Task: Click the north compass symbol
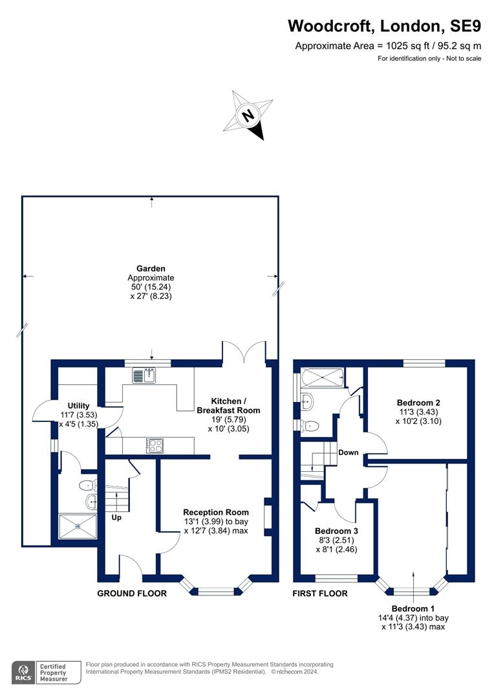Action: point(248,115)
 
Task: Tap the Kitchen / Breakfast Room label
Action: point(228,406)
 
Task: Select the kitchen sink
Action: point(144,375)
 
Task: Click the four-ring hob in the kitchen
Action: point(155,446)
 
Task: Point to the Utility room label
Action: point(78,406)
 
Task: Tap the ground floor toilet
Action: point(88,485)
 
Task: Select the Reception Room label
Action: point(215,512)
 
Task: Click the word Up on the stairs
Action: point(116,518)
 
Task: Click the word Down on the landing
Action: point(349,452)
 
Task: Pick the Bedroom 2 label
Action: point(418,403)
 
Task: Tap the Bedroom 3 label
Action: point(336,531)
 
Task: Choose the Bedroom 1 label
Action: point(413,608)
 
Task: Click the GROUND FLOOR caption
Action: point(132,594)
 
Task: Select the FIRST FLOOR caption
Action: point(320,594)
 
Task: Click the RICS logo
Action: point(23,672)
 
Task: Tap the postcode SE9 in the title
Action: point(465,26)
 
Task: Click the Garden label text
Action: point(151,269)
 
